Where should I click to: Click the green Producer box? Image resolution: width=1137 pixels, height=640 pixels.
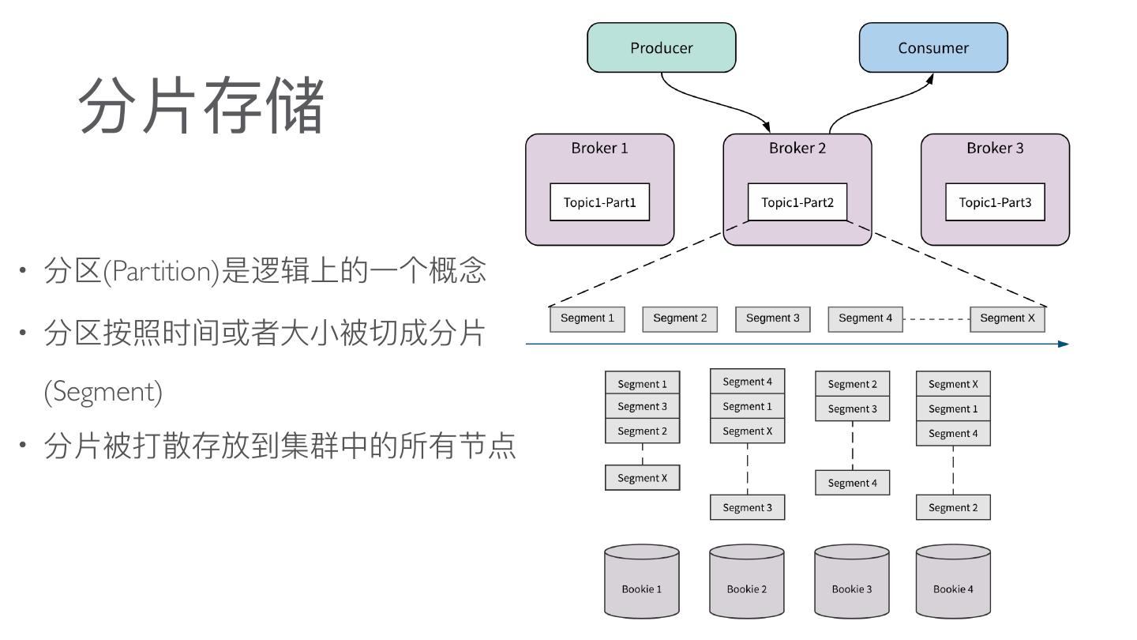(661, 47)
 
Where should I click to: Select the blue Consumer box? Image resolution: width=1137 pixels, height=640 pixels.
(932, 47)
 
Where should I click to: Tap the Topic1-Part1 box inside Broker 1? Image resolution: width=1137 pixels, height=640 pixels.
(599, 202)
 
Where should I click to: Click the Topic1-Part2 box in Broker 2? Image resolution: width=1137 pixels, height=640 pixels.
(797, 202)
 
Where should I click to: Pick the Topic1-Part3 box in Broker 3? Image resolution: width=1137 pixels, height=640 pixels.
(995, 202)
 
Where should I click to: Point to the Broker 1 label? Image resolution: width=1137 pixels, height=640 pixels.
(599, 148)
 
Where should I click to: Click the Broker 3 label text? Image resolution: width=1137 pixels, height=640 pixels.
(995, 148)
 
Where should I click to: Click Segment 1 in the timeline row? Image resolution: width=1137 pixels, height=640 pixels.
(587, 318)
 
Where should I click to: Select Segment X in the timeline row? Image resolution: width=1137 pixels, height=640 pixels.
(1007, 318)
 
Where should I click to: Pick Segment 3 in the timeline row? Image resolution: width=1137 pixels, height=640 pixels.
(772, 318)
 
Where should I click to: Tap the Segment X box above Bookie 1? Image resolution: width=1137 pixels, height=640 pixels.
(642, 478)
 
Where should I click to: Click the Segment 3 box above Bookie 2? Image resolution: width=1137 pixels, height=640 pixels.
(747, 507)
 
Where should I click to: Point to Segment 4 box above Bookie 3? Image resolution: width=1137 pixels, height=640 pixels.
(852, 483)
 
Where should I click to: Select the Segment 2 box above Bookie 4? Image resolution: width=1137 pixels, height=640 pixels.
(953, 507)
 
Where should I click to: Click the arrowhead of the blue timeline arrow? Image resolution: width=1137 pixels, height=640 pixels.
(1063, 344)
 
